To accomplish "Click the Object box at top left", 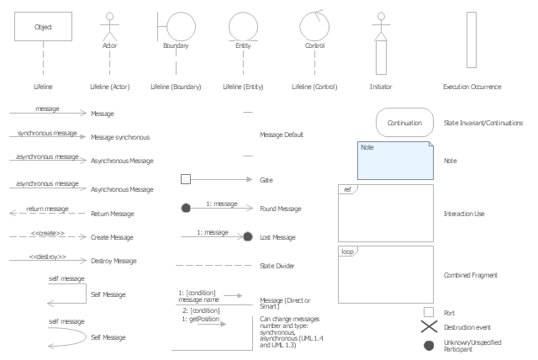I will click(x=43, y=27).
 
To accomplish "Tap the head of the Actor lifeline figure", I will click(x=108, y=15).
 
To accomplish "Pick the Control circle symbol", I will click(x=314, y=26).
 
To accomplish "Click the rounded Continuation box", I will click(x=404, y=123).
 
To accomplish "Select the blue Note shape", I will click(x=396, y=160).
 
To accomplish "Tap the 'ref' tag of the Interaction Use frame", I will click(x=347, y=189).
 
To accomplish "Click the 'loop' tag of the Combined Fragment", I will click(x=347, y=251).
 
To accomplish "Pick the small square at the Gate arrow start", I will click(x=186, y=178).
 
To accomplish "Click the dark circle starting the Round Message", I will click(x=186, y=207).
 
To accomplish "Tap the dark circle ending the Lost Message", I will click(x=248, y=237).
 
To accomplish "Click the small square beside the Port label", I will click(x=429, y=313).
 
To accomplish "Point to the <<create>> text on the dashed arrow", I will click(x=48, y=233).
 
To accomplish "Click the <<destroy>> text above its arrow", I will click(x=47, y=256).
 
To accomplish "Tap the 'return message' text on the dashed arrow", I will click(x=47, y=209).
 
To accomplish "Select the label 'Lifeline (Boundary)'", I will click(x=176, y=87).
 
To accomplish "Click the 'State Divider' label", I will click(x=278, y=266).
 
